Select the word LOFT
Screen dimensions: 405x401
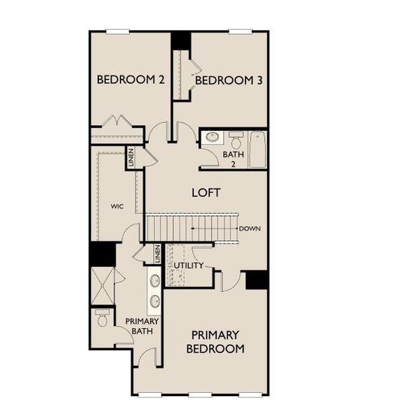206,192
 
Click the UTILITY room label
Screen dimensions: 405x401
188,265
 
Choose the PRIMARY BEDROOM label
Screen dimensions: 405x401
215,342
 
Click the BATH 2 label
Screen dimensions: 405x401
229,158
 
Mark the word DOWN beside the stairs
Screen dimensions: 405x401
249,229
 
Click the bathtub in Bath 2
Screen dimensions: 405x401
257,149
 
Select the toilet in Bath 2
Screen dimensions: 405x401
235,141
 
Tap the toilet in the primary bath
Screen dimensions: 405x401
102,318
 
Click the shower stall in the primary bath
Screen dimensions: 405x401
102,287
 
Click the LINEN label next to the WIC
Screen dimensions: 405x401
131,157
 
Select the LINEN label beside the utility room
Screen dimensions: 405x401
157,254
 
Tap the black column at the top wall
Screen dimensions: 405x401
181,40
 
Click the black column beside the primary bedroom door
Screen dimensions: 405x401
257,279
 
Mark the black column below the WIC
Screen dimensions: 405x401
102,254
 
